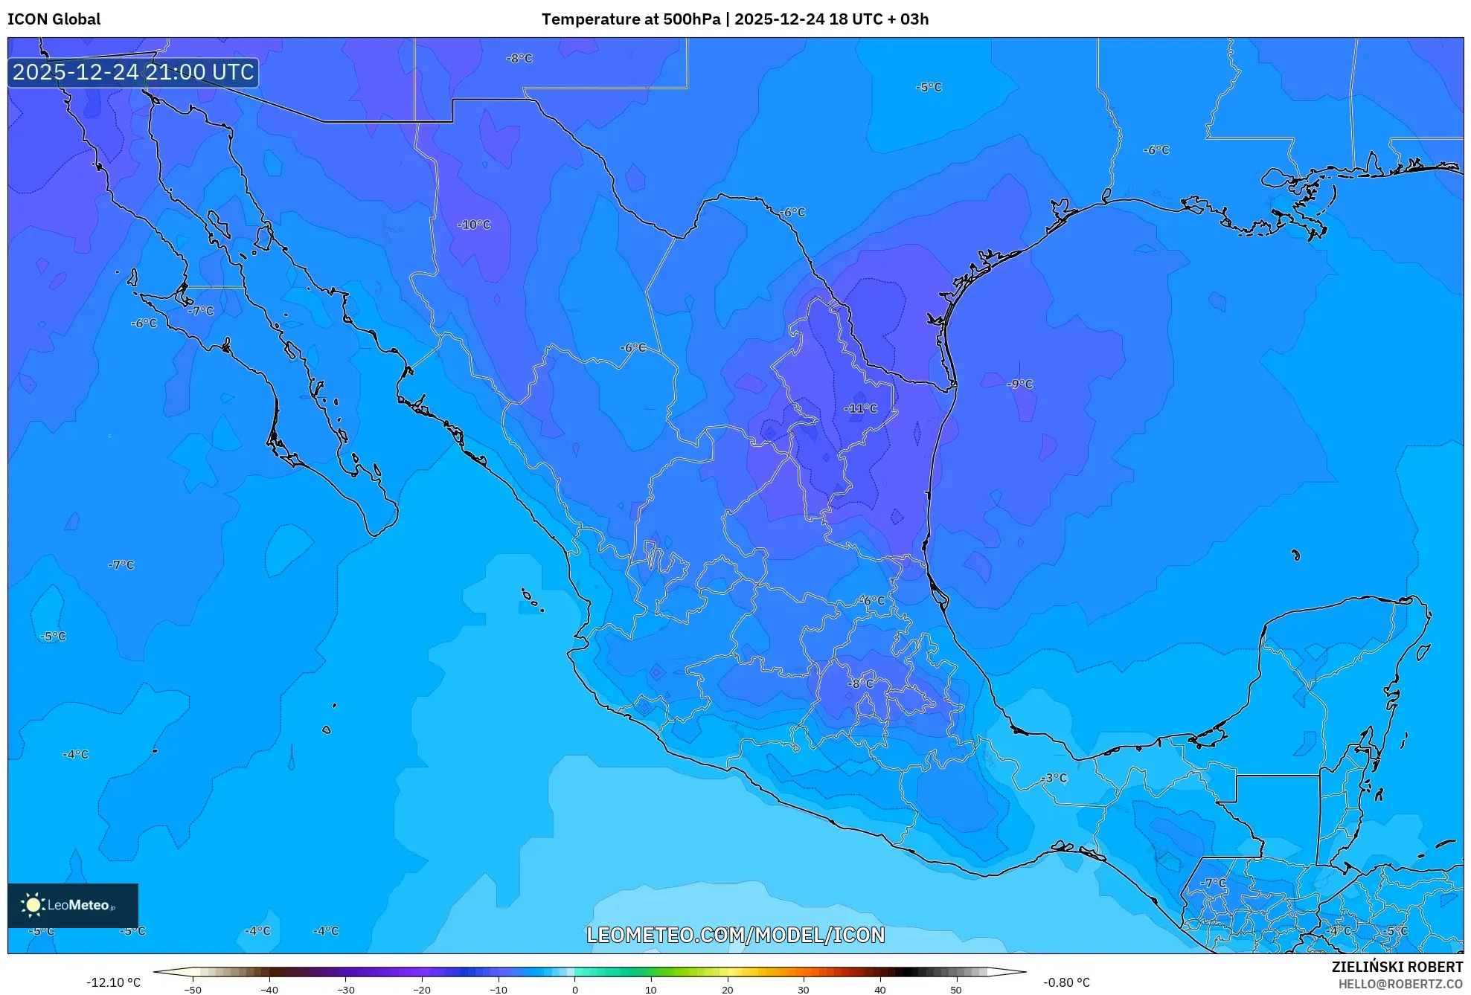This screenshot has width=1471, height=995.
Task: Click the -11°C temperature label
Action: point(860,409)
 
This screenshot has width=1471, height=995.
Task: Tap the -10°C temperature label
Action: point(474,225)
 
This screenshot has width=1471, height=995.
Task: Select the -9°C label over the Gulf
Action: point(1020,384)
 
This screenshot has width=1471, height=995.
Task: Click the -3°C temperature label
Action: point(1054,779)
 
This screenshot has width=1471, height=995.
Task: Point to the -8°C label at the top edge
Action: point(519,59)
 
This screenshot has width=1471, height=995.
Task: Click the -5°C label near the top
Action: point(929,88)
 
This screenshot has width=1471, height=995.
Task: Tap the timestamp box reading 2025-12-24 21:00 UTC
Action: point(133,73)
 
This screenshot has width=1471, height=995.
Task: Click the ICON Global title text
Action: point(54,19)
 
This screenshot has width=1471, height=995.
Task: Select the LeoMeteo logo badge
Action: point(73,905)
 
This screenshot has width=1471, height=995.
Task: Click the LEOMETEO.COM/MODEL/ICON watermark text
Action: point(735,936)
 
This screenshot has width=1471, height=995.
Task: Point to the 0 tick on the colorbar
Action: point(574,990)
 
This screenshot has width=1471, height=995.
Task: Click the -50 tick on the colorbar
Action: point(193,990)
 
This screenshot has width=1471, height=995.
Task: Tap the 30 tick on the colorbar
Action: point(804,990)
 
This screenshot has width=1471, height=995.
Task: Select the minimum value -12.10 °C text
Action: point(113,982)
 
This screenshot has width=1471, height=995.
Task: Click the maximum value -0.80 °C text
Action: point(1066,982)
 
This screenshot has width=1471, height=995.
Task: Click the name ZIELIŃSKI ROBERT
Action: point(1397,967)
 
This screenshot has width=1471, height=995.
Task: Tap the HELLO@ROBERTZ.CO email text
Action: point(1400,985)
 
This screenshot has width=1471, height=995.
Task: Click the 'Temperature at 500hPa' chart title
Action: point(631,19)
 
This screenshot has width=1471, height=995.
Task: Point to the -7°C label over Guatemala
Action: point(1214,883)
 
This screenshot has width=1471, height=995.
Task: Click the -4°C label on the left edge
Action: point(75,755)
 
